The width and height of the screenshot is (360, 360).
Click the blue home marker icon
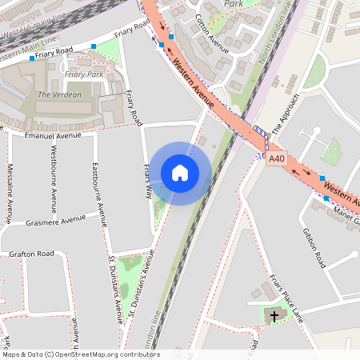(x=180, y=173)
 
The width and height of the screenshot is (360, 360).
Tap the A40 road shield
(x=276, y=159)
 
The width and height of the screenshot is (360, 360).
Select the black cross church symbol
(x=274, y=317)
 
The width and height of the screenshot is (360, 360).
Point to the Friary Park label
(x=84, y=74)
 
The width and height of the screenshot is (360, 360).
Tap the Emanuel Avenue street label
(x=54, y=136)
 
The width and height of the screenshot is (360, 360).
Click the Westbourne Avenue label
(x=54, y=171)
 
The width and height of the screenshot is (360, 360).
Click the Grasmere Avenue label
(x=55, y=219)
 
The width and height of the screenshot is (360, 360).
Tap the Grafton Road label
(x=32, y=254)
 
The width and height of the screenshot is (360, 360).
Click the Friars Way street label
(x=147, y=180)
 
